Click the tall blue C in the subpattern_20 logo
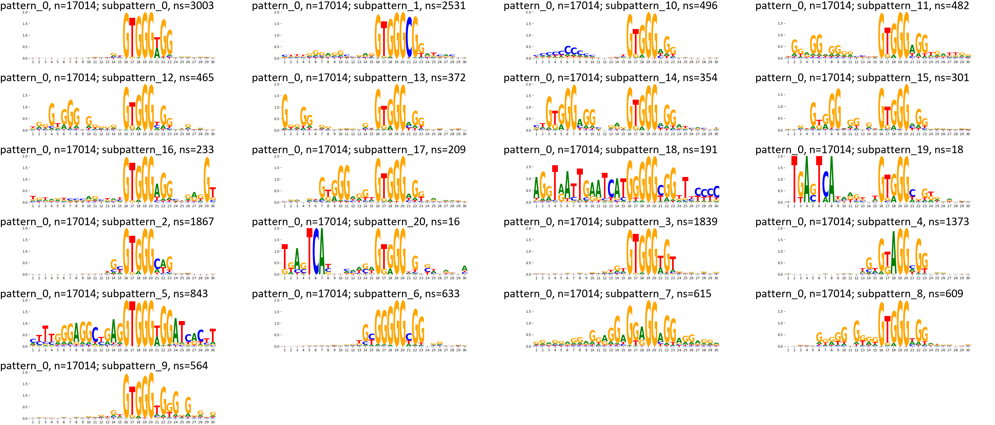coord(317,251)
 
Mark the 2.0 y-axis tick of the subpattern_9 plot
coord(25,372)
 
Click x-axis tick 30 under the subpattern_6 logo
coord(464,350)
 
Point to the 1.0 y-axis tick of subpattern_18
coord(528,179)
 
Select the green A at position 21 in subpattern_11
coord(912,49)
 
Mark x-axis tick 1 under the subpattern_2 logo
coord(33,278)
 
